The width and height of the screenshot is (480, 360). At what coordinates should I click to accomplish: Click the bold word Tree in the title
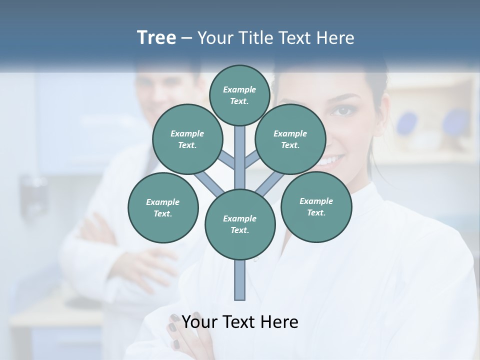pyautogui.click(x=156, y=38)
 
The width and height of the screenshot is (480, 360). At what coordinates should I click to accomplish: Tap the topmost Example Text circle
pyautogui.click(x=239, y=95)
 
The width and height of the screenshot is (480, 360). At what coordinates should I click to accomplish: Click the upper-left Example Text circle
pyautogui.click(x=187, y=139)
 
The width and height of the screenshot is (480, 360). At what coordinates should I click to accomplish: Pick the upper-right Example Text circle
pyautogui.click(x=290, y=139)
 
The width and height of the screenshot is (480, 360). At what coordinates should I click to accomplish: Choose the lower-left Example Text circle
pyautogui.click(x=163, y=207)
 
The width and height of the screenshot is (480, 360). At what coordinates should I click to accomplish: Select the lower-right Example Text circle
pyautogui.click(x=316, y=206)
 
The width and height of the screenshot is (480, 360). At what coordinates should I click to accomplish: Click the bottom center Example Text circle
pyautogui.click(x=240, y=224)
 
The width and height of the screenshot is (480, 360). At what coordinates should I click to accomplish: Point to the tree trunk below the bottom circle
pyautogui.click(x=240, y=280)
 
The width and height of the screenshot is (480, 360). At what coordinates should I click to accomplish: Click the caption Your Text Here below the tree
pyautogui.click(x=240, y=322)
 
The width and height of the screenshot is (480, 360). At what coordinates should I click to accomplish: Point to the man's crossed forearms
pyautogui.click(x=125, y=250)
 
